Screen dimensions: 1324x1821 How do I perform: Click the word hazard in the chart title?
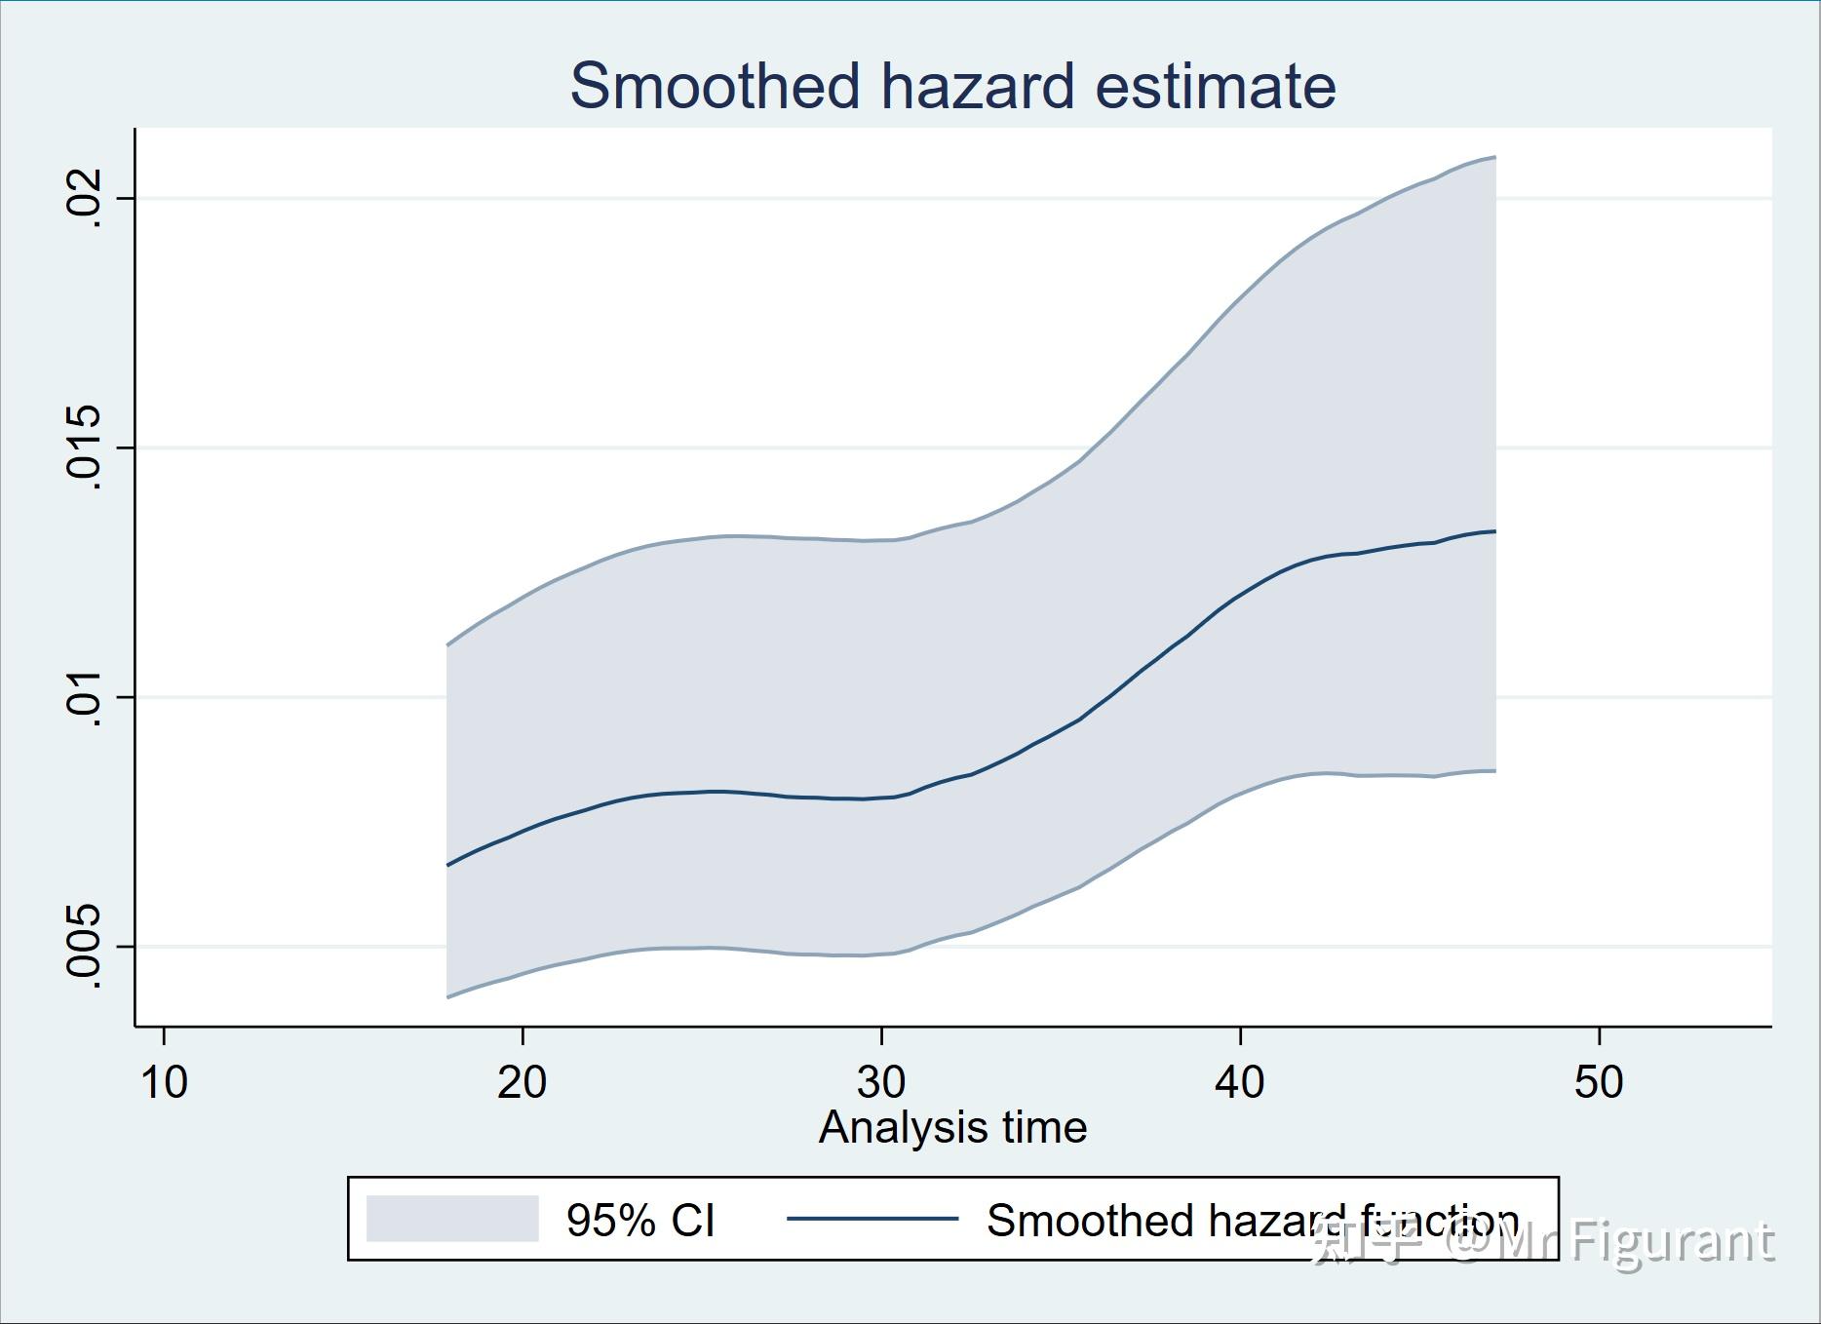point(979,86)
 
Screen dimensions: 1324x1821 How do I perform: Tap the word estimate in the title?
point(1216,86)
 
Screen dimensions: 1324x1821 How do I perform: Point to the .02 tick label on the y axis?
point(83,198)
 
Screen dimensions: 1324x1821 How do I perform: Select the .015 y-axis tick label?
point(83,447)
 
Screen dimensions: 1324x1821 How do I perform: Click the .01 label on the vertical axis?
point(83,697)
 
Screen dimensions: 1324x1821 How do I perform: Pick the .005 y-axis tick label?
point(83,946)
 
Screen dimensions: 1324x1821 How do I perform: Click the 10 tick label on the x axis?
point(164,1082)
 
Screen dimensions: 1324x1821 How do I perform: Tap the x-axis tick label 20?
point(523,1082)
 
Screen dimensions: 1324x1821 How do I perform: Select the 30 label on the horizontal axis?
point(881,1082)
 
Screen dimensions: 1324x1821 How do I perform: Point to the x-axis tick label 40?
point(1240,1082)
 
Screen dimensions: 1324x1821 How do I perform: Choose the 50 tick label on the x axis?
point(1599,1082)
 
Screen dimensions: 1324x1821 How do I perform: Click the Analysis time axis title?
point(952,1128)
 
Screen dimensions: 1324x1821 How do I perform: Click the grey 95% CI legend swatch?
point(452,1219)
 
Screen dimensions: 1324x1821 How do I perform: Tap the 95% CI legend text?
point(640,1221)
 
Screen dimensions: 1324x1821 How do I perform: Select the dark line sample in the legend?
point(872,1219)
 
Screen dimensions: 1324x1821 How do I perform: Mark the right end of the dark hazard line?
point(1494,531)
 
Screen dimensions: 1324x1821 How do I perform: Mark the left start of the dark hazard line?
point(447,865)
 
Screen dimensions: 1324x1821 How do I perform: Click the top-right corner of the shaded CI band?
point(1494,157)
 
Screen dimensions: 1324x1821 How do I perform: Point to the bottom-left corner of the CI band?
point(447,996)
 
